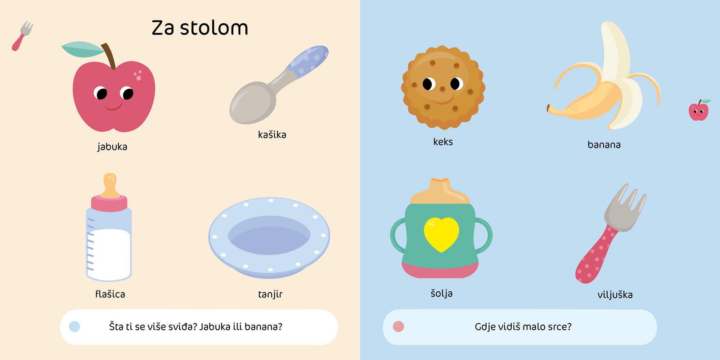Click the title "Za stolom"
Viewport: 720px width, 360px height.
point(200,28)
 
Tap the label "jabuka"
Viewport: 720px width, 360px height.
point(112,147)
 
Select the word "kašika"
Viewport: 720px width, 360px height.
point(272,134)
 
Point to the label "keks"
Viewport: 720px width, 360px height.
point(443,141)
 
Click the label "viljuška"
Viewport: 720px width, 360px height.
point(615,294)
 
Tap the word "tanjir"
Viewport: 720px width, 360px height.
point(270,294)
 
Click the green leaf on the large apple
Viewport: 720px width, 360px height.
point(82,49)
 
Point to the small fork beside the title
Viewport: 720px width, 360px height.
point(22,36)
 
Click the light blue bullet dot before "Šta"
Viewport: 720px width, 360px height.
point(75,327)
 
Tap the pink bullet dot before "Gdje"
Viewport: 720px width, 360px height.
point(399,327)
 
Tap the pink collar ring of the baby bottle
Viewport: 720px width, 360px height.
point(109,203)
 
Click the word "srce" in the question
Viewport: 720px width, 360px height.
point(554,327)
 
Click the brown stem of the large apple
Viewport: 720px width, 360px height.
point(109,56)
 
